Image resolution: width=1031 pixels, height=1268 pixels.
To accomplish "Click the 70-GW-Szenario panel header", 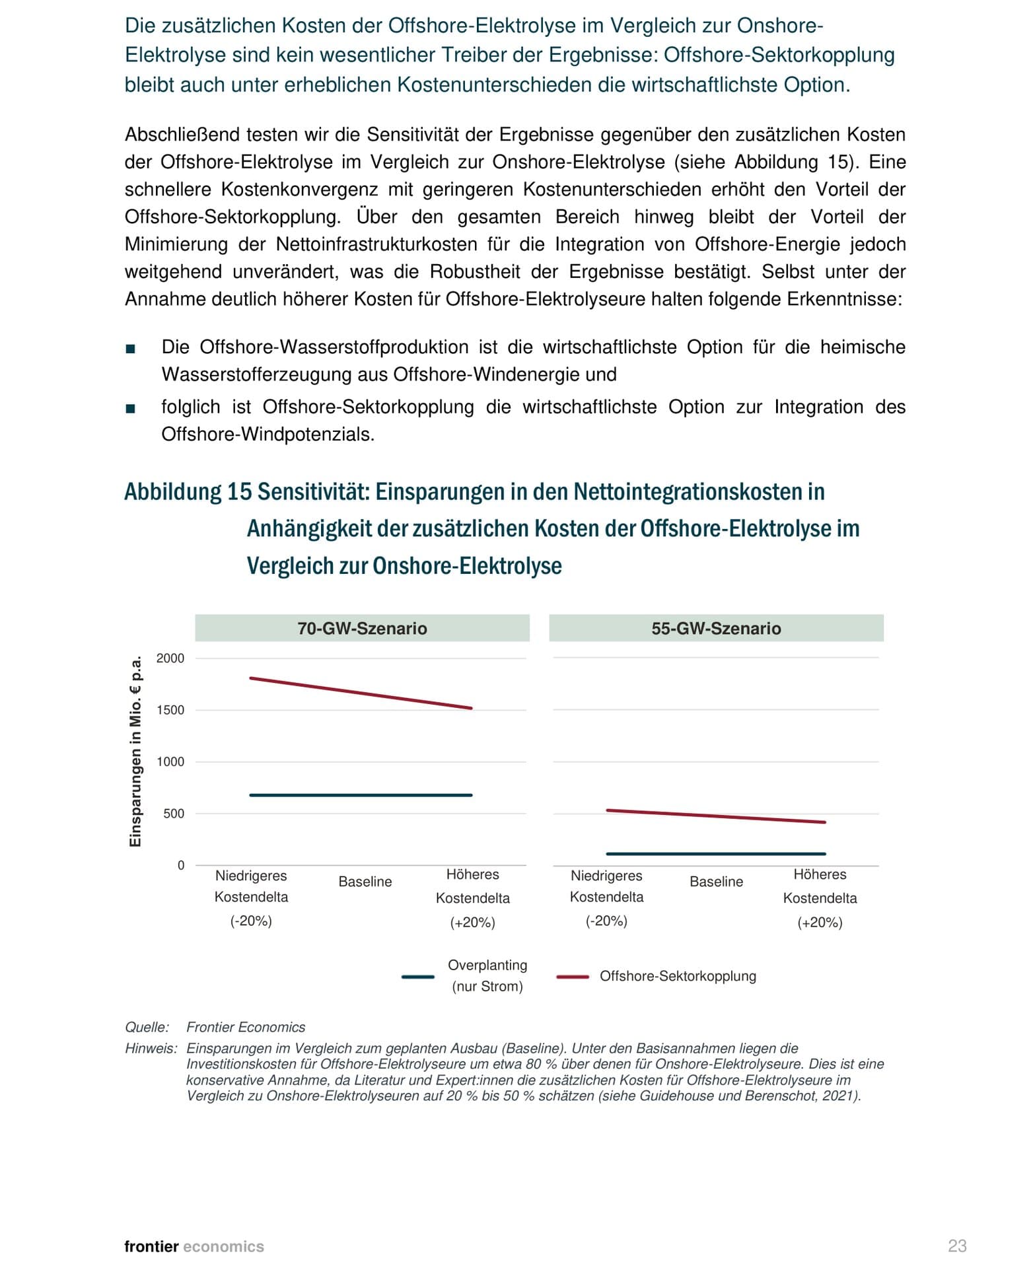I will coord(362,628).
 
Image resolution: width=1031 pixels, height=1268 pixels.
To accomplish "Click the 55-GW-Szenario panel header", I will coord(716,628).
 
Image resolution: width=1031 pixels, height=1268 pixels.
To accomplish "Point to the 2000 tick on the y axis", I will coord(170,658).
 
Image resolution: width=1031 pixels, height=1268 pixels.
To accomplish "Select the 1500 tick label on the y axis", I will coord(170,710).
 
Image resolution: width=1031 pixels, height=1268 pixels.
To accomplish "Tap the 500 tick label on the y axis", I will coord(174,814).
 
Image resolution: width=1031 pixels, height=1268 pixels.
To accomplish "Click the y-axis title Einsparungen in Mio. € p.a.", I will coord(135,751).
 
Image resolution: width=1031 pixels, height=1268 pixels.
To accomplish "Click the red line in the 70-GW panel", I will coord(361,693).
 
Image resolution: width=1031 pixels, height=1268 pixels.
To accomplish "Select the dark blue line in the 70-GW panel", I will coord(361,795).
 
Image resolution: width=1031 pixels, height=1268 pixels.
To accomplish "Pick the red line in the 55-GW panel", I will coord(716,816).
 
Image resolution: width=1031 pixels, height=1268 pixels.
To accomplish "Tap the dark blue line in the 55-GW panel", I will coord(716,854).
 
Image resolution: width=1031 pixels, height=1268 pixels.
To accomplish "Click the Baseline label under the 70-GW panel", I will coord(365,882).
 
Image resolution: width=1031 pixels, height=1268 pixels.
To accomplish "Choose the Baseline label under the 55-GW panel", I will coord(716,882).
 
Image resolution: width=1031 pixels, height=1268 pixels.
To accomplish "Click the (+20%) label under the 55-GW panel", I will coord(820,923).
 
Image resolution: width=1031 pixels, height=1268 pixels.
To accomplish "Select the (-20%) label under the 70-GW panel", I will coord(251,921).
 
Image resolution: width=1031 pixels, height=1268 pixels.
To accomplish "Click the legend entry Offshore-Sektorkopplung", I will coord(677,976).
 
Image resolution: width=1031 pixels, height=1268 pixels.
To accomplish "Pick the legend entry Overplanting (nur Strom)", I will coord(487,975).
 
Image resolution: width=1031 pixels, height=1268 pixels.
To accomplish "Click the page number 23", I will coord(957,1246).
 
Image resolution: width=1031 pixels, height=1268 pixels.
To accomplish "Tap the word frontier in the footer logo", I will coord(151,1246).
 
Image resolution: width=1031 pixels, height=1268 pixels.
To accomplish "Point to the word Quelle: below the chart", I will coord(147,1027).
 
